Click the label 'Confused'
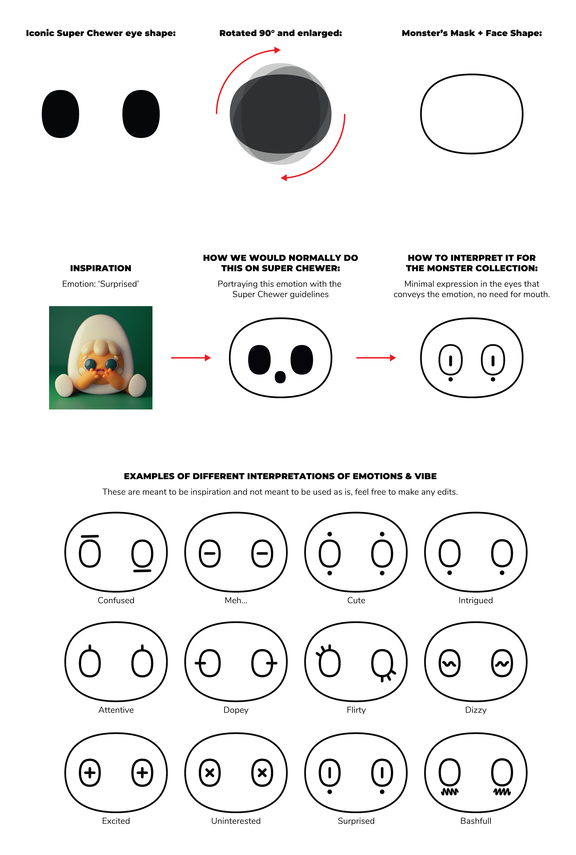point(116,600)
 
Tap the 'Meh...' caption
point(236,600)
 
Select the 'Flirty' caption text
point(356,710)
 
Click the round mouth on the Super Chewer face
point(280,377)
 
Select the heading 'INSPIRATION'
point(101,268)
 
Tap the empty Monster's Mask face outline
point(472,114)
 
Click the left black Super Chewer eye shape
point(60,114)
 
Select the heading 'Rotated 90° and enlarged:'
point(281,33)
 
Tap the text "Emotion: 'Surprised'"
point(100,284)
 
